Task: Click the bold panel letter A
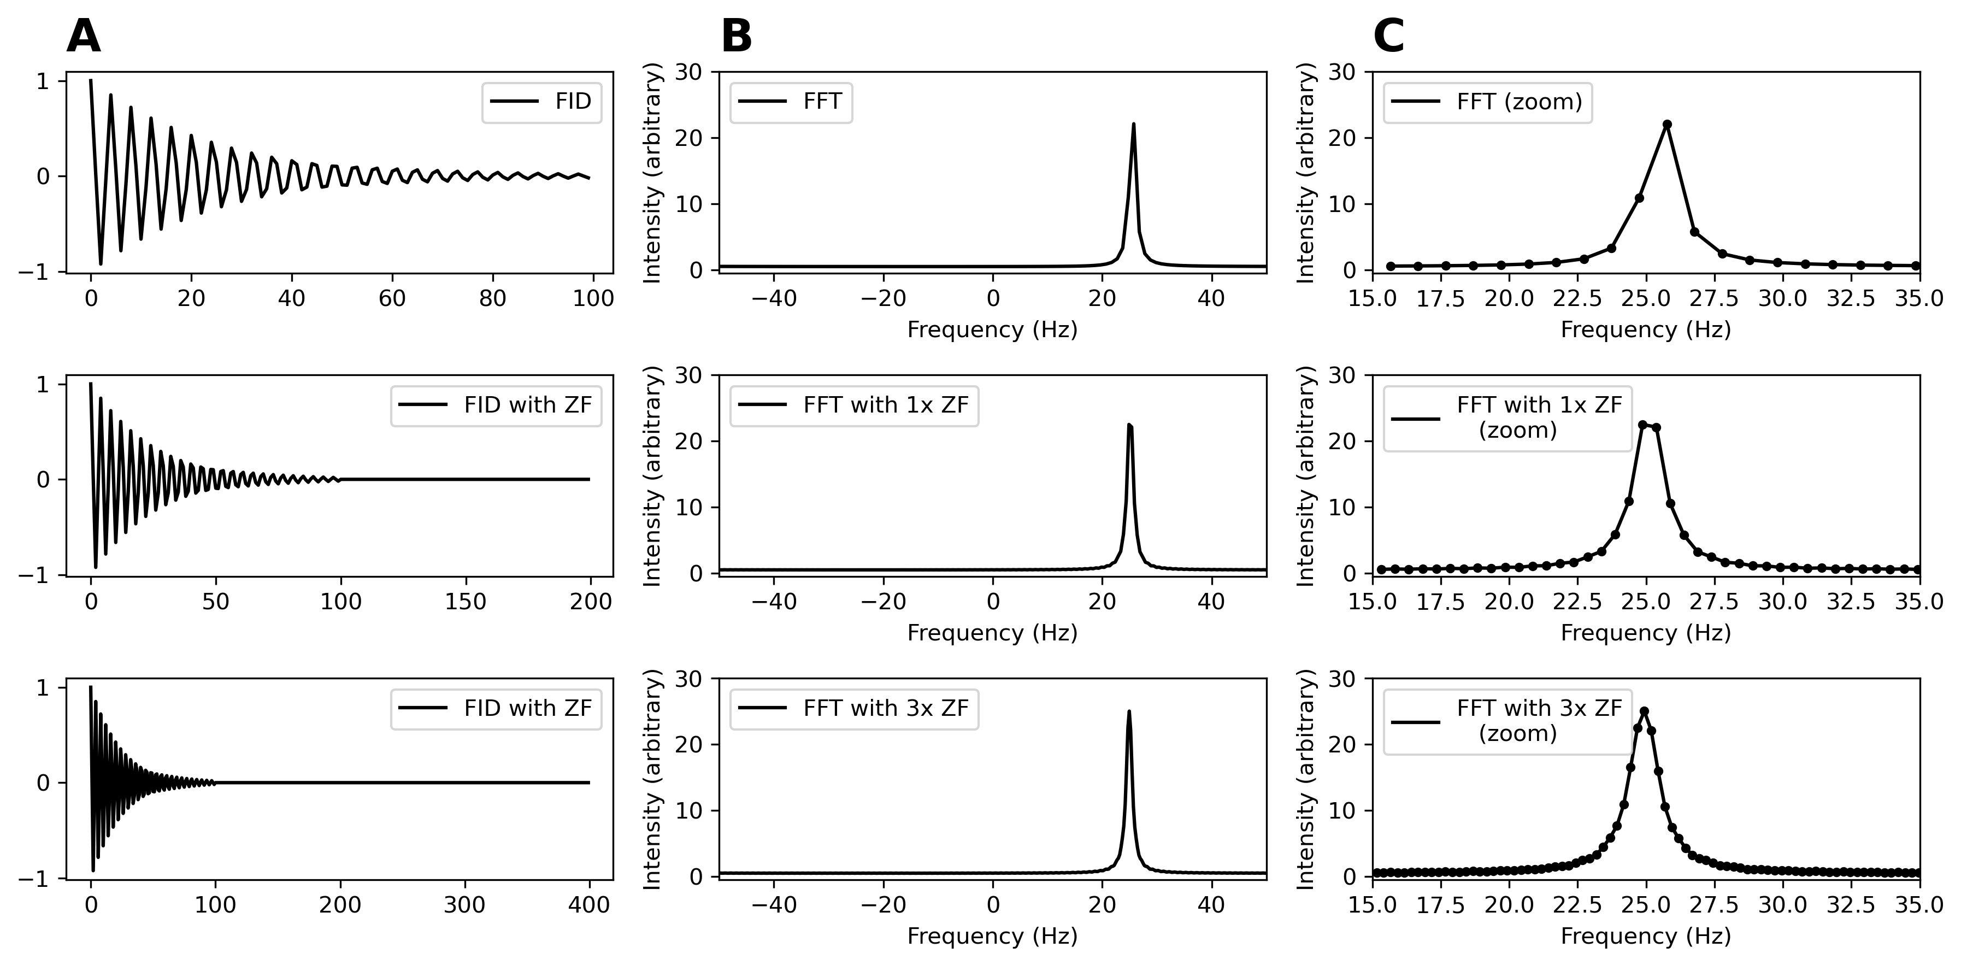click(83, 37)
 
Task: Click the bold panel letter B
click(736, 37)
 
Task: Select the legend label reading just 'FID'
click(573, 101)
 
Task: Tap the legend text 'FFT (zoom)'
click(1520, 101)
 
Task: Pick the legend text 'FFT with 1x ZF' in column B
click(885, 405)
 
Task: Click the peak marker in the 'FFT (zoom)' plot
click(1666, 124)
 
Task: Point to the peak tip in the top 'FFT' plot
click(1134, 124)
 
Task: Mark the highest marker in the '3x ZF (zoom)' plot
click(1644, 711)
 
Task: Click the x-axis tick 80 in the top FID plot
click(492, 298)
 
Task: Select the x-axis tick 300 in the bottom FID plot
click(465, 905)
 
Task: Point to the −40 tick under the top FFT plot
click(774, 298)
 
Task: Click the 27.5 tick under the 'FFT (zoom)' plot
click(1715, 298)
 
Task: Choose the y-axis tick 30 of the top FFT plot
click(693, 72)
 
